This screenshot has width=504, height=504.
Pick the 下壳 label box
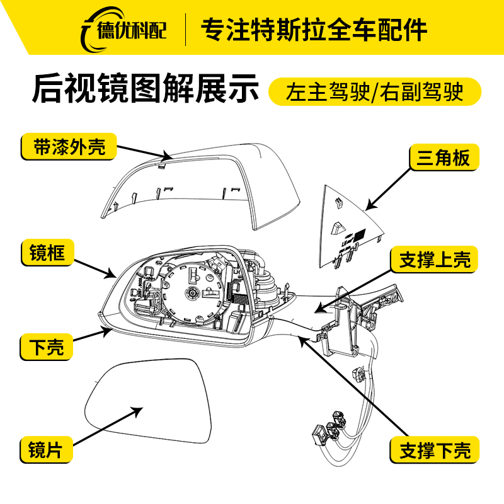(47, 346)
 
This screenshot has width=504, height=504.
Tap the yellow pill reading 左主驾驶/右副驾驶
(374, 91)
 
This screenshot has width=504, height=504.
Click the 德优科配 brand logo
(123, 30)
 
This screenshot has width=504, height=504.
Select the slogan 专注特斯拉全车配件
(314, 29)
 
